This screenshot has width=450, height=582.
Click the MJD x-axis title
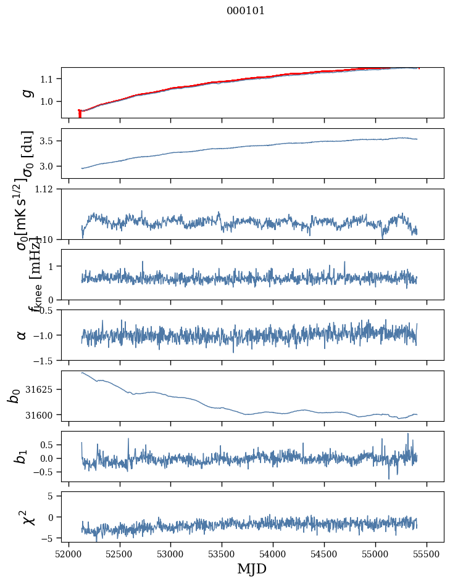[252, 569]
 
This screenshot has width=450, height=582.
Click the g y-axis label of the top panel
[26, 92]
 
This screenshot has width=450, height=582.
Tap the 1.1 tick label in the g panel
[49, 79]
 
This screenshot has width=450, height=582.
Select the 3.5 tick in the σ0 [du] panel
[49, 141]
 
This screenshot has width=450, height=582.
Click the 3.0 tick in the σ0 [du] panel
[49, 166]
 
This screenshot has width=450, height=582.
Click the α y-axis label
[22, 335]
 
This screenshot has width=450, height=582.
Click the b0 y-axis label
[14, 395]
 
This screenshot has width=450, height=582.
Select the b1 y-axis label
[22, 456]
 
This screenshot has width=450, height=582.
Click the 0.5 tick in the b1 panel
[49, 445]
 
